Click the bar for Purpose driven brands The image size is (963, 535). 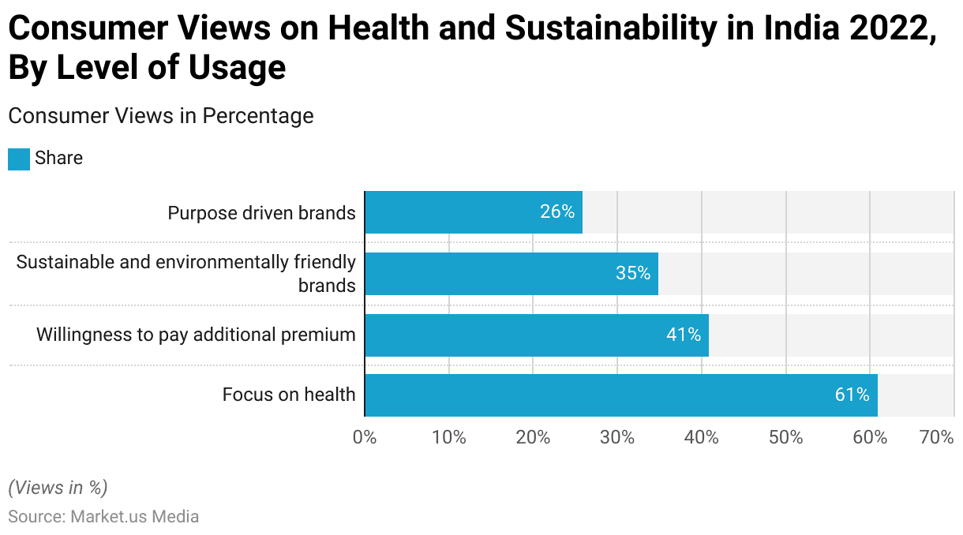point(474,212)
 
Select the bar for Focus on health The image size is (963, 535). point(621,395)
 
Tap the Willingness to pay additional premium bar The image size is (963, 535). point(537,335)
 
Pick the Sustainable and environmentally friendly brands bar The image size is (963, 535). point(511,274)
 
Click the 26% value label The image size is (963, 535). point(557,212)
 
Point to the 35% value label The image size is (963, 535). point(633,274)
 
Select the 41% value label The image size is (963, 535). point(684,335)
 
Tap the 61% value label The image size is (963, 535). point(852,395)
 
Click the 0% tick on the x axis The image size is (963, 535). point(365,437)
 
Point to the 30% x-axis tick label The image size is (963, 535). point(616,437)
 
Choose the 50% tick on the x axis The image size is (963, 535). point(785,437)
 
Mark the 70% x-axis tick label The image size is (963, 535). point(937,437)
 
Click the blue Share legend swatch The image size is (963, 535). point(19,159)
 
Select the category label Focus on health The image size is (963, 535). point(289,395)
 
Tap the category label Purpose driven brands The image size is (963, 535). point(261,213)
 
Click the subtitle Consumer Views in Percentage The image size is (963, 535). point(161,116)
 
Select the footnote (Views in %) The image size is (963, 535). point(58,488)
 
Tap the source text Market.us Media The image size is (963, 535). point(134,517)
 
